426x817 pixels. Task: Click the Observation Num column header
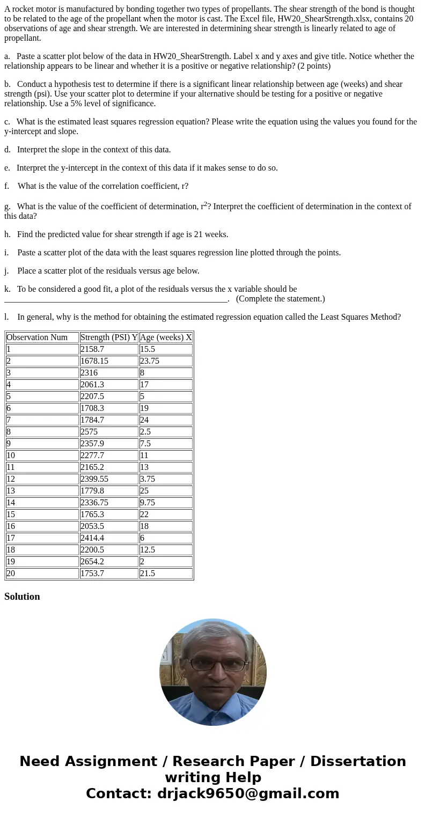[37, 337]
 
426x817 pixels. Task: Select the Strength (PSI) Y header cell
[109, 337]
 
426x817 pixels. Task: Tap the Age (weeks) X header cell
[166, 337]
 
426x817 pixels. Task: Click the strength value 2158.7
[92, 349]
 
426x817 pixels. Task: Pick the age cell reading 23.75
[150, 361]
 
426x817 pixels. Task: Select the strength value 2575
[90, 432]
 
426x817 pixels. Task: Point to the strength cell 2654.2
[92, 562]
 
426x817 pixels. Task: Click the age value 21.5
[148, 573]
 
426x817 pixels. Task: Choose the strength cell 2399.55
[94, 479]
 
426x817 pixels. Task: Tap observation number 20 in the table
[11, 573]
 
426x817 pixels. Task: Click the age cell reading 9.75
[148, 503]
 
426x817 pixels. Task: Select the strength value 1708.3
[92, 408]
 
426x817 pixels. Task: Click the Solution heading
[22, 597]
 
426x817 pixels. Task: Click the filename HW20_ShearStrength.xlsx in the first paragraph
[324, 19]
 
